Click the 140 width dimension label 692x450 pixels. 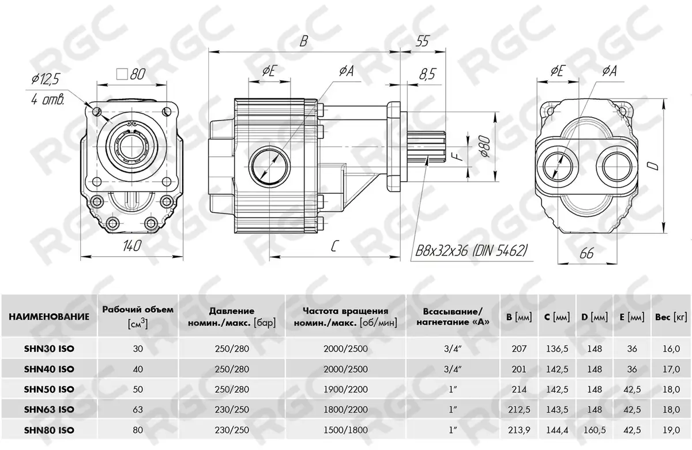tap(132, 246)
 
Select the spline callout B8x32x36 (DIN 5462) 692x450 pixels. tap(471, 250)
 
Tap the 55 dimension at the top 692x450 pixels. tap(423, 41)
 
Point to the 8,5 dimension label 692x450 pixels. tap(427, 74)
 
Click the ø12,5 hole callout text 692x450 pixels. tap(45, 80)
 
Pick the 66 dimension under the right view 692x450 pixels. tap(586, 253)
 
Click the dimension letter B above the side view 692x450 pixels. tap(304, 40)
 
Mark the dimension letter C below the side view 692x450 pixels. tap(333, 246)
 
